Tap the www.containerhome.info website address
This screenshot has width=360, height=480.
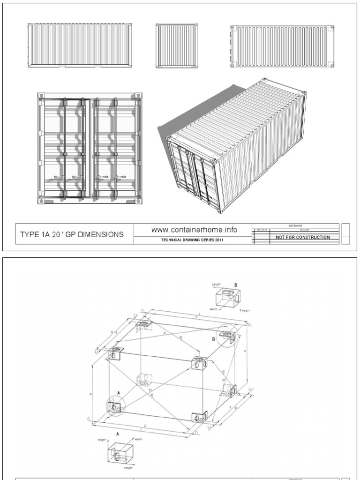(x=194, y=230)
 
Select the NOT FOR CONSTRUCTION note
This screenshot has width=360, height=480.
(x=302, y=237)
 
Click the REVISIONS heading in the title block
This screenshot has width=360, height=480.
(x=295, y=225)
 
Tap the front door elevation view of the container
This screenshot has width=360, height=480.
(x=90, y=149)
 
